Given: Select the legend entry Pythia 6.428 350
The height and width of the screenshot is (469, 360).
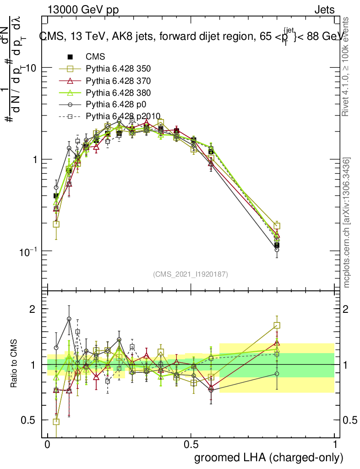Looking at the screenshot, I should (x=118, y=69).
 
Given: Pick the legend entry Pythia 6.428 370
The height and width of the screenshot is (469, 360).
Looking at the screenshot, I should (x=118, y=81).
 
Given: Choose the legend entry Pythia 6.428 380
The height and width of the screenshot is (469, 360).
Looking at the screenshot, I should (x=118, y=92).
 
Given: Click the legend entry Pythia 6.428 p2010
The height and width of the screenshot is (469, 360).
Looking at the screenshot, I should (x=123, y=115).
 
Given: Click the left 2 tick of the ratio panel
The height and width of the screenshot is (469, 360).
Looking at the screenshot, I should (x=32, y=309).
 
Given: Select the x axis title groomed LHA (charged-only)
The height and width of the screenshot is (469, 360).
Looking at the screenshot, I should (x=269, y=458).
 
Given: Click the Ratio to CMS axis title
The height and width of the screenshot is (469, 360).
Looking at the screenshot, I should (x=14, y=364).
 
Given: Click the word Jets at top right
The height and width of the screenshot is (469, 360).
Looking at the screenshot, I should (x=324, y=10).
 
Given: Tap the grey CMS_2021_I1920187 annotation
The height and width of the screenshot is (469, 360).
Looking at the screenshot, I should (x=191, y=274).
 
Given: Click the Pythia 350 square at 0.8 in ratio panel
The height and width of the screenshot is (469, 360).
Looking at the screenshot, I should (x=277, y=325).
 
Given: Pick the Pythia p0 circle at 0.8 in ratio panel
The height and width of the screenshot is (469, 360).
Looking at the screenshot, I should (x=277, y=374).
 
